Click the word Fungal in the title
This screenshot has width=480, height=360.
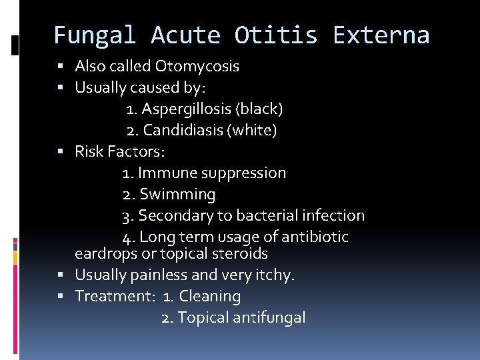click(94, 35)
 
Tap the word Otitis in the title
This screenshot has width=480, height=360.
click(275, 35)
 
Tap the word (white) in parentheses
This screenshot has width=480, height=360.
click(253, 130)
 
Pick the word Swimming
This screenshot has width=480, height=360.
click(177, 195)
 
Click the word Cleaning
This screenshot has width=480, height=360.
click(210, 296)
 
